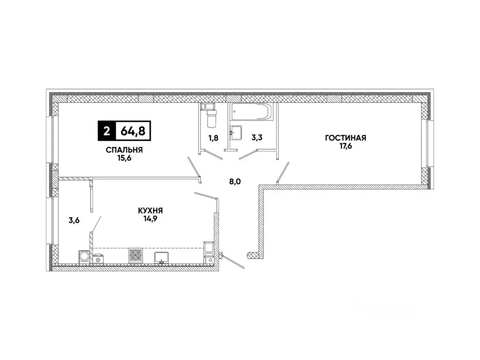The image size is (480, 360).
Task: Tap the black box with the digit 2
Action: tap(106, 131)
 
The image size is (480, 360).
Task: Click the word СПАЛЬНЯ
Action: tap(124, 150)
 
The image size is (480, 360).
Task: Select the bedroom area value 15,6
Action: tap(124, 159)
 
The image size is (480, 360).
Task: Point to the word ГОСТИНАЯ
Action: tap(345, 138)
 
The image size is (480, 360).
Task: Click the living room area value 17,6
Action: tap(345, 146)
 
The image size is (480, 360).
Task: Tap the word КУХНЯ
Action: tap(150, 211)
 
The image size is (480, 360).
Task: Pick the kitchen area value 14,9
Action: tap(150, 219)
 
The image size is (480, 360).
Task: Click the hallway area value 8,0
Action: tap(235, 182)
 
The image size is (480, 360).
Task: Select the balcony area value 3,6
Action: tap(74, 220)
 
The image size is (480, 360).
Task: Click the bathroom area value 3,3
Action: tap(257, 138)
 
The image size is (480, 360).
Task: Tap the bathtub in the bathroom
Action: tap(251, 113)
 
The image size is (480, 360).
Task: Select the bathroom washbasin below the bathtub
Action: tap(236, 132)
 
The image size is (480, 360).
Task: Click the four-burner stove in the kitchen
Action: tap(136, 255)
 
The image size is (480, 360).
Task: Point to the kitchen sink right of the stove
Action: tap(163, 257)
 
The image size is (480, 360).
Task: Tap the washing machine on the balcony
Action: tap(85, 256)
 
